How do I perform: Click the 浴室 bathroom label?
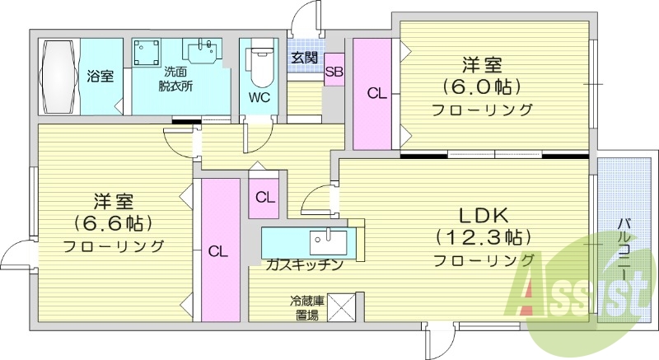(x=100, y=76)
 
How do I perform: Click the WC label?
(x=259, y=96)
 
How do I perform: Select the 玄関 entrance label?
(x=304, y=58)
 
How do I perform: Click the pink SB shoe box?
(x=334, y=72)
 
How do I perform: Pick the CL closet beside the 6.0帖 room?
(x=376, y=94)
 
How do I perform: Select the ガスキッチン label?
(x=304, y=264)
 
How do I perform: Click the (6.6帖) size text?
(x=114, y=222)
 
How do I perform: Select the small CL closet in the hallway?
(x=264, y=198)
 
